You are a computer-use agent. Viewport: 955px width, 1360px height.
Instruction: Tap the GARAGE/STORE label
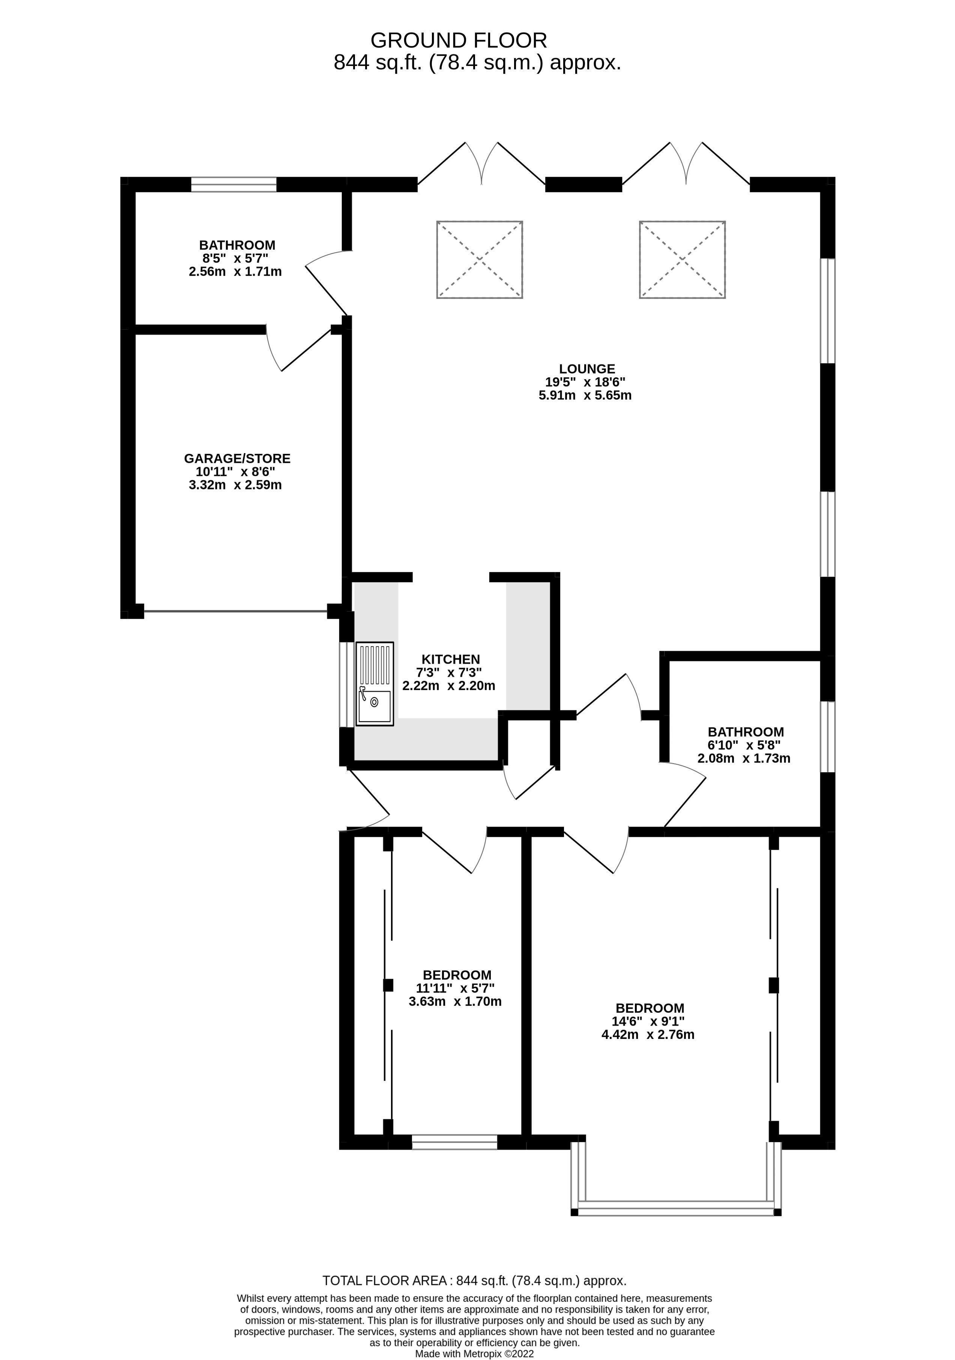[x=237, y=458]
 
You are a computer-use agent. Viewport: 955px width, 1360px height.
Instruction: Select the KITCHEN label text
[x=450, y=659]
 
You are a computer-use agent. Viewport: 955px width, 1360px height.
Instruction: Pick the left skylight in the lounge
[x=479, y=260]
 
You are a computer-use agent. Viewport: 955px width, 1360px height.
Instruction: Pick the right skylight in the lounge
[x=682, y=260]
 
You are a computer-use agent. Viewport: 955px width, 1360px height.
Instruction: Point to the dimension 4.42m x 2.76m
[x=648, y=1035]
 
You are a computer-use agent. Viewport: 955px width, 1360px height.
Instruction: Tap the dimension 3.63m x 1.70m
[x=455, y=1002]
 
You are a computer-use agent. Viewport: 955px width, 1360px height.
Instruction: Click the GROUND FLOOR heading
[x=459, y=40]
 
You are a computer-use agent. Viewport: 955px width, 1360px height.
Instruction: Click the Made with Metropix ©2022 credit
[x=474, y=1354]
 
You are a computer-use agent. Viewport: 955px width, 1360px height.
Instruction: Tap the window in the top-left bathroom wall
[x=233, y=184]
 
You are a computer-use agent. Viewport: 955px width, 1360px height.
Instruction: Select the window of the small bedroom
[x=454, y=1142]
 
